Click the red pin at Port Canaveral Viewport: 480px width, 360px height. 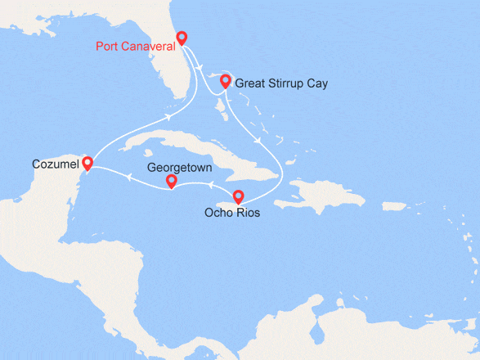tap(182, 38)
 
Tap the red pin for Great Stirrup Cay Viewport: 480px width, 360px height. tap(225, 80)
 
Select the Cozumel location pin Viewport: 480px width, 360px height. tap(87, 164)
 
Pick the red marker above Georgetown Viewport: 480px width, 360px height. tap(171, 181)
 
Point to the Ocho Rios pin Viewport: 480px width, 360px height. tap(238, 196)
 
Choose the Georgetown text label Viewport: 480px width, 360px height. tap(179, 166)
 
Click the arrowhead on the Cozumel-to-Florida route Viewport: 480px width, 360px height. tap(169, 117)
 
